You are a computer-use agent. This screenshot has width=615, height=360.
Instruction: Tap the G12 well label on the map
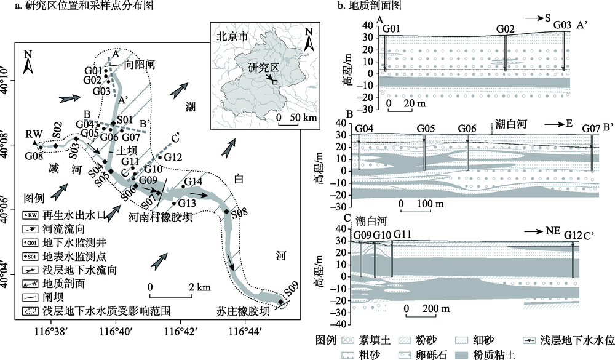tap(173, 158)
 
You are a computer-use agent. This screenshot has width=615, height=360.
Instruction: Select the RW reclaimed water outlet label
tap(32, 134)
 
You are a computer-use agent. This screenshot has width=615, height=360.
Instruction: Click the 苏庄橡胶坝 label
tap(242, 312)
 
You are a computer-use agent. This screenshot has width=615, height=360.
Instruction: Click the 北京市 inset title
tap(231, 36)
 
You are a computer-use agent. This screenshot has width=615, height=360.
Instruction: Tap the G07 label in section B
tap(592, 129)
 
